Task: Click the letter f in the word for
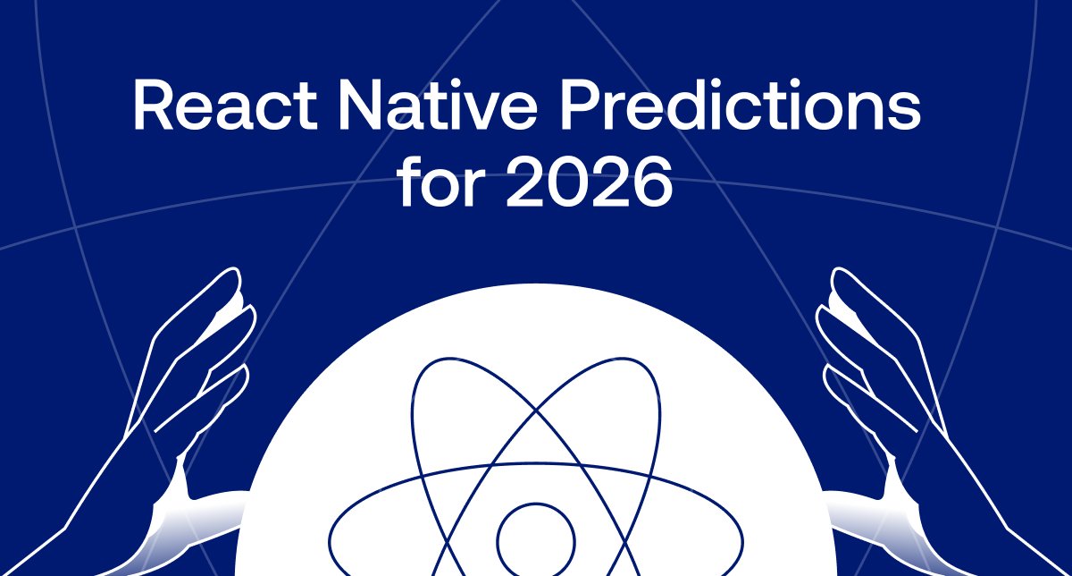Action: [407, 183]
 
